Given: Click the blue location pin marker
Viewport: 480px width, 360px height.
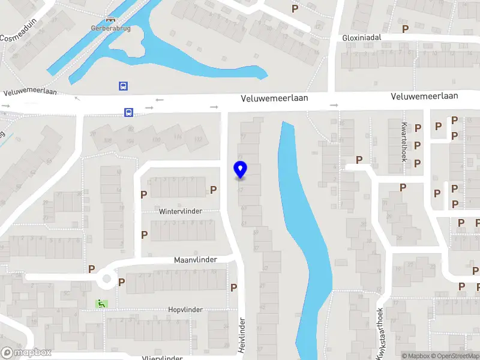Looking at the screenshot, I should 240,170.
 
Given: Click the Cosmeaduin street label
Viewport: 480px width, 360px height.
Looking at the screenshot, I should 18,37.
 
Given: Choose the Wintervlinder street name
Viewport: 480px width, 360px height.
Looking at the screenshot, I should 181,212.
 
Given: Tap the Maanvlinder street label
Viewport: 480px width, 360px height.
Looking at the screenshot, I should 195,260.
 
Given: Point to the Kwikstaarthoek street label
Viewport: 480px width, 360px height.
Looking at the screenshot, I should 380,335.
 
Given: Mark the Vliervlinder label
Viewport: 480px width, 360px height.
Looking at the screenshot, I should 163,358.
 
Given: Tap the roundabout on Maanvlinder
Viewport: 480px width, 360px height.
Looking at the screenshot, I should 107,278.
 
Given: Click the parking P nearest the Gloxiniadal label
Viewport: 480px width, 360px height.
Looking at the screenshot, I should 406,28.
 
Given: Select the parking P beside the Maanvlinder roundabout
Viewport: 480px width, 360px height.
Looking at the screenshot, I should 122,282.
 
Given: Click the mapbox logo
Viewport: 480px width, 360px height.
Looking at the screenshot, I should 26,353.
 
